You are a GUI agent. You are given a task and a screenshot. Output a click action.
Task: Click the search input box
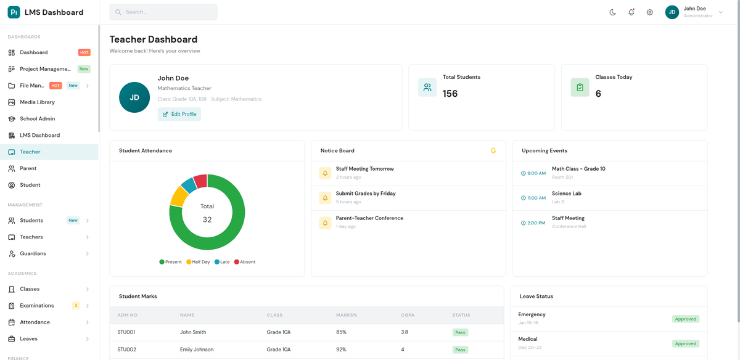163,12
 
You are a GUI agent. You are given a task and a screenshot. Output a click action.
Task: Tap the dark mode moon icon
612,12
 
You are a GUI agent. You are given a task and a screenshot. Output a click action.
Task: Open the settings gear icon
649,12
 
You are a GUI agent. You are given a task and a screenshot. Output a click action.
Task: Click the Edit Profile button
179,114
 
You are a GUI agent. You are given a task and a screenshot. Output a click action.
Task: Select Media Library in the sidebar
37,102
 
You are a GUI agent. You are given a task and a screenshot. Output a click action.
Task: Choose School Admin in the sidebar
37,119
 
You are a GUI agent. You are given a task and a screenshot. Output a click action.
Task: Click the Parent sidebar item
28,168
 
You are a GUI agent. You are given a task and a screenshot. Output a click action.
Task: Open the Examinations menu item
36,306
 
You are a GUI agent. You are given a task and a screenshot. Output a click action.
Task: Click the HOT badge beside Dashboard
84,52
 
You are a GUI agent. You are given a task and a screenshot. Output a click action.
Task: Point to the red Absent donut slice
200,181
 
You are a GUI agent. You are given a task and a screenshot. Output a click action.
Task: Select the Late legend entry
222,262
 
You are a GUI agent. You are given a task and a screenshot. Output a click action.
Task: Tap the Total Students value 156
450,94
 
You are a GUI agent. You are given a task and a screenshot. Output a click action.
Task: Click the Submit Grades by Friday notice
366,194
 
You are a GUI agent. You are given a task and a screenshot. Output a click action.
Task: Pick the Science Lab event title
566,194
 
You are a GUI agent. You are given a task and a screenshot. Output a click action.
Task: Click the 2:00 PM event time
533,223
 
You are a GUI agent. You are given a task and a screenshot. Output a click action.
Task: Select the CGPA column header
408,315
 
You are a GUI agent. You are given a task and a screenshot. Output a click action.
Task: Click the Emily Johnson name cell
197,350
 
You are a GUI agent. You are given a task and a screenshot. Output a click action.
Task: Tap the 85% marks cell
341,332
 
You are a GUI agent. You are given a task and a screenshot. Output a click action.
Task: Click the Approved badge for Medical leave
685,344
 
